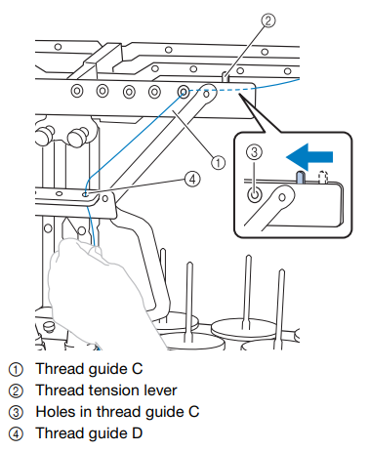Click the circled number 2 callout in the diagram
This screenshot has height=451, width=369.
[x=268, y=20]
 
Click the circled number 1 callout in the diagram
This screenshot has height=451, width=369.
[x=218, y=162]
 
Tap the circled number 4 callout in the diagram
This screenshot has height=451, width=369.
[x=192, y=179]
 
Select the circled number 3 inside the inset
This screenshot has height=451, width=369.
[x=254, y=151]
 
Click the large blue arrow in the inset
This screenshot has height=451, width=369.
[x=309, y=157]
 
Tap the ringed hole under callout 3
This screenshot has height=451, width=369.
[x=255, y=195]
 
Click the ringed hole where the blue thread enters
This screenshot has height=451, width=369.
[x=184, y=92]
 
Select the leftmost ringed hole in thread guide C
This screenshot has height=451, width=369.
[x=77, y=91]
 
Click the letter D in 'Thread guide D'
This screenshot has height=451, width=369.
[x=137, y=433]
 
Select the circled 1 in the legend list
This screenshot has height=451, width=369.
[x=16, y=370]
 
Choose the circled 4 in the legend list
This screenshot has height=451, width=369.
[x=16, y=434]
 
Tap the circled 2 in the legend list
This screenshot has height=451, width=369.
[x=16, y=391]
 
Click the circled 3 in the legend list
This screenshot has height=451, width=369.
[x=16, y=413]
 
